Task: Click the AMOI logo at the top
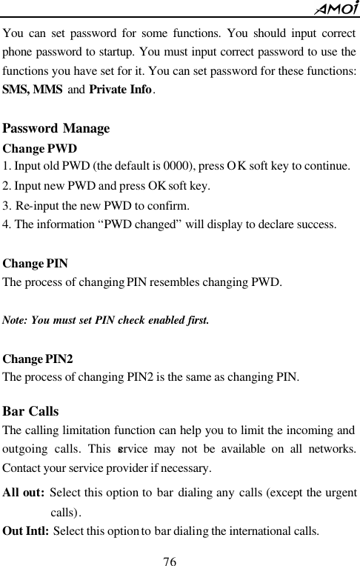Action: point(336,8)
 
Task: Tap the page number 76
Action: point(173,557)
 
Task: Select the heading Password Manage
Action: point(56,129)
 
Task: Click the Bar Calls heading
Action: point(31,411)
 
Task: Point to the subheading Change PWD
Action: point(41,147)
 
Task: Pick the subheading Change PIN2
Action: point(38,359)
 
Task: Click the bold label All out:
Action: point(24,494)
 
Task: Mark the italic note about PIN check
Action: point(106,321)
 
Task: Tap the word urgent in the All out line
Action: point(340,494)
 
